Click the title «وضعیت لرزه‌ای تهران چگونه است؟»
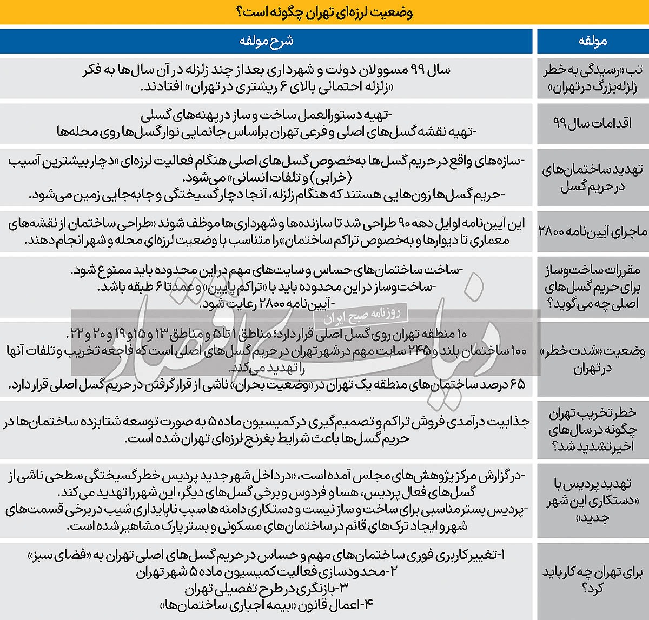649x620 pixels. [x=325, y=12]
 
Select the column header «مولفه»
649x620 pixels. [x=592, y=41]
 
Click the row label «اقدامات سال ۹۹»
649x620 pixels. [x=592, y=123]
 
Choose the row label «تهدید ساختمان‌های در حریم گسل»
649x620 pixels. [x=592, y=178]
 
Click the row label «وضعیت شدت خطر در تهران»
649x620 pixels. [x=592, y=359]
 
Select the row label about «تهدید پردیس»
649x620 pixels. [x=592, y=499]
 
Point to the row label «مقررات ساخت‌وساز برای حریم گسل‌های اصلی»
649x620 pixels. [x=592, y=286]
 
